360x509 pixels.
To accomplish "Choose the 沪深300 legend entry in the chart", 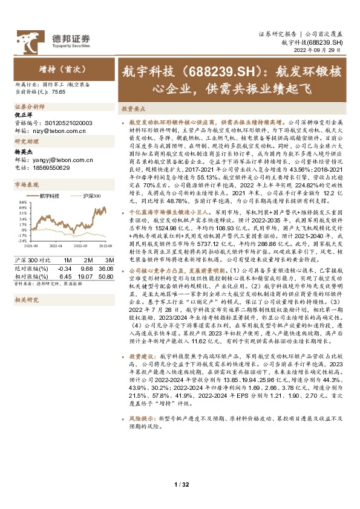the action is [91, 196].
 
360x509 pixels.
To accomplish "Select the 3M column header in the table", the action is [107, 260].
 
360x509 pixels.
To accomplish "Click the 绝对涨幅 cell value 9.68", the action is [85, 267].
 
